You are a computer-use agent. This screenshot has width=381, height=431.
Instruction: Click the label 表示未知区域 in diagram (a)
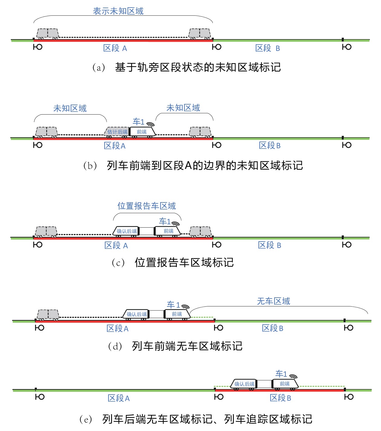click(x=118, y=11)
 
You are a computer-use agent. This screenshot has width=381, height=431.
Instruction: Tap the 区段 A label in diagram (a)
click(x=115, y=48)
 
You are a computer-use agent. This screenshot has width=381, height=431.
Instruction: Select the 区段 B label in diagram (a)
click(x=268, y=48)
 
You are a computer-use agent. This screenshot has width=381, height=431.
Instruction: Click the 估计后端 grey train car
click(x=117, y=132)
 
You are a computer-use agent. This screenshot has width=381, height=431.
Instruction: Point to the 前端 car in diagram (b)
click(x=142, y=132)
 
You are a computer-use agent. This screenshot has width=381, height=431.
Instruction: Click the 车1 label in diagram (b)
click(x=138, y=122)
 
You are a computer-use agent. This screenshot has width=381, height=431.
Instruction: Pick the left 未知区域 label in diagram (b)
click(x=70, y=109)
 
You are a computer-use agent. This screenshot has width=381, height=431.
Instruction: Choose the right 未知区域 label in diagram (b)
click(x=183, y=108)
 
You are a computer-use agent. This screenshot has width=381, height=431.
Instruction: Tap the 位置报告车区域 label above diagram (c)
click(x=147, y=206)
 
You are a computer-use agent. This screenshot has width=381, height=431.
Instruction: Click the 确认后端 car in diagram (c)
click(x=126, y=231)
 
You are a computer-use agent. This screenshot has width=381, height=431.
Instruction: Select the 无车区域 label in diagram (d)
click(x=274, y=301)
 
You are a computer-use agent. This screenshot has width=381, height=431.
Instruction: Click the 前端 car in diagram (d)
click(x=177, y=314)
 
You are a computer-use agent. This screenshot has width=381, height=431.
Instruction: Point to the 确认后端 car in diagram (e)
click(x=244, y=384)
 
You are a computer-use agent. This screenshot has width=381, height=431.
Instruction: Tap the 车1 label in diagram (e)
click(x=281, y=374)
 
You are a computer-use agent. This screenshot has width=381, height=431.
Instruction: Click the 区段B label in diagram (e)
click(x=280, y=398)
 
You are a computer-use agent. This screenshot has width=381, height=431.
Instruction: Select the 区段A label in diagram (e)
click(x=119, y=398)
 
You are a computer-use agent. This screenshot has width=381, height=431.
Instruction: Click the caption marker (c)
click(x=118, y=263)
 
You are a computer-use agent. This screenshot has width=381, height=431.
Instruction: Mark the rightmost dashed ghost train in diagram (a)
click(x=200, y=34)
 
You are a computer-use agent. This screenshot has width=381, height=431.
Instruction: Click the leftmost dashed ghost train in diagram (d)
click(x=48, y=315)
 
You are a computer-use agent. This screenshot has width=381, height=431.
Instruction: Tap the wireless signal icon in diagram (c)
click(x=175, y=224)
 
